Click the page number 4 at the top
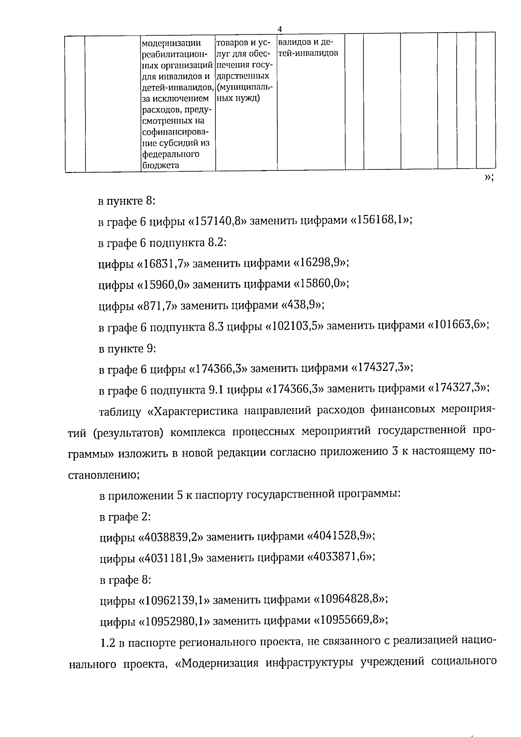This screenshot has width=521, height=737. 280,29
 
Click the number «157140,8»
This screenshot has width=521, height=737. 219,221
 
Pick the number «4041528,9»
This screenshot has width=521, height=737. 340,536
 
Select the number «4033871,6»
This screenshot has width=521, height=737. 340,557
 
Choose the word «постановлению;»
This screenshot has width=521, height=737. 104,475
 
